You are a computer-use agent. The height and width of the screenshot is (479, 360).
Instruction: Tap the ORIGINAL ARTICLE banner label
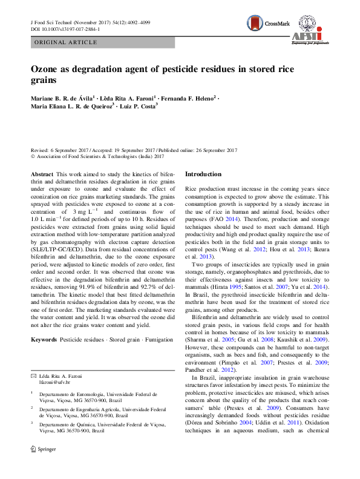[67, 42]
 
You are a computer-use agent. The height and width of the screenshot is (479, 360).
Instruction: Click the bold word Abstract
[42, 174]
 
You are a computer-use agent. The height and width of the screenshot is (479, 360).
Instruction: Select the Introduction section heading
[203, 174]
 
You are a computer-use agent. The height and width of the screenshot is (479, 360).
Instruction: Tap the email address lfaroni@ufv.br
[55, 383]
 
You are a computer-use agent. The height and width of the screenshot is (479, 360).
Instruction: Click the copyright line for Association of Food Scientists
[97, 156]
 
